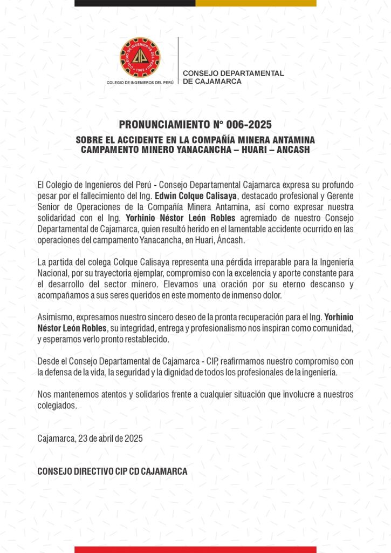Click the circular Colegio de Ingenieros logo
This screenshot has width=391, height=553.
[140, 57]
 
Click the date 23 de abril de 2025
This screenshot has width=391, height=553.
[103, 439]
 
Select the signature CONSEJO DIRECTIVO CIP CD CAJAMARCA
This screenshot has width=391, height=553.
[112, 471]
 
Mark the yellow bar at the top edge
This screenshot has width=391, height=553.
[256, 3]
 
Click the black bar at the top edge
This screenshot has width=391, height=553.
[135, 3]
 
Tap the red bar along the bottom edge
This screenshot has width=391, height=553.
[195, 549]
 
